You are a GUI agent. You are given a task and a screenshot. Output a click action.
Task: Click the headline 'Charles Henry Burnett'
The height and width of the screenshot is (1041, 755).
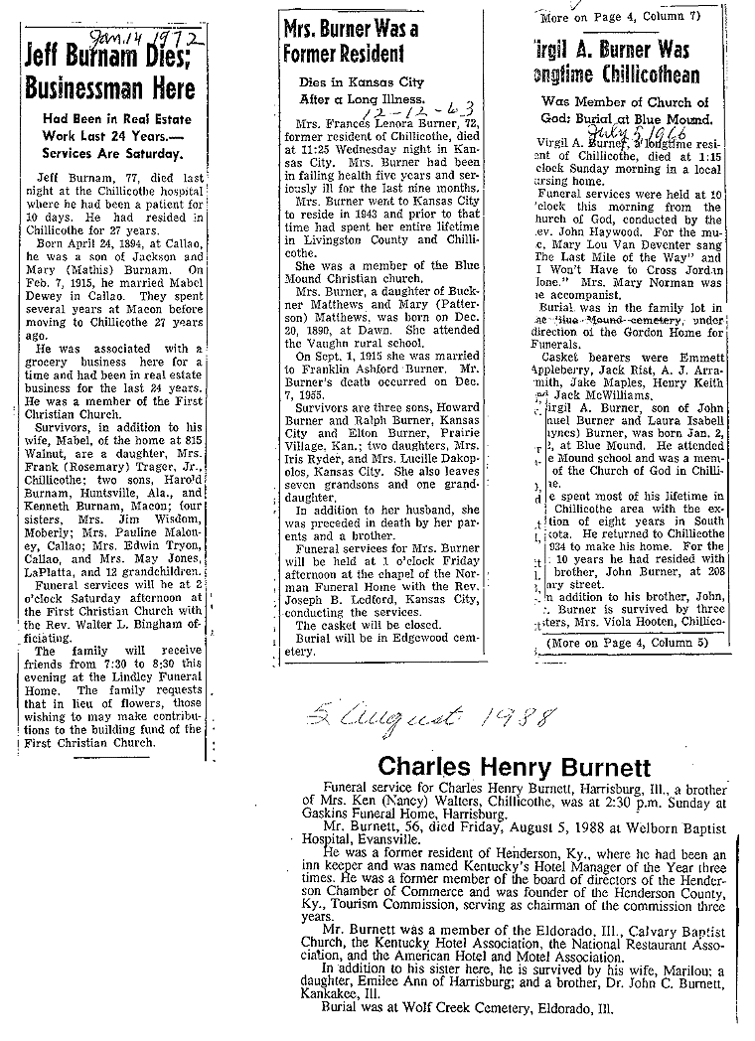[513, 768]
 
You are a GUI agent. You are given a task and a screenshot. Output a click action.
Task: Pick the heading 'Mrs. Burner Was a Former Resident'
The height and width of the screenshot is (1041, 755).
[350, 41]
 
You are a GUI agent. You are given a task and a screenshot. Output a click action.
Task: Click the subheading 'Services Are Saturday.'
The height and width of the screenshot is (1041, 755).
[111, 154]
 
